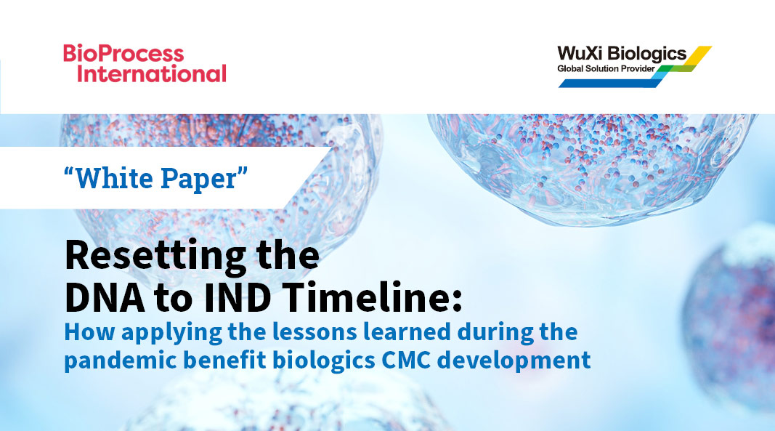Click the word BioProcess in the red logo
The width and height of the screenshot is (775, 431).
123,54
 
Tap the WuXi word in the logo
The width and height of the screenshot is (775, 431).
579,54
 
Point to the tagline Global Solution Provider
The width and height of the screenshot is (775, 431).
606,68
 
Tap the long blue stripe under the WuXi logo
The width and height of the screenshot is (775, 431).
610,82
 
